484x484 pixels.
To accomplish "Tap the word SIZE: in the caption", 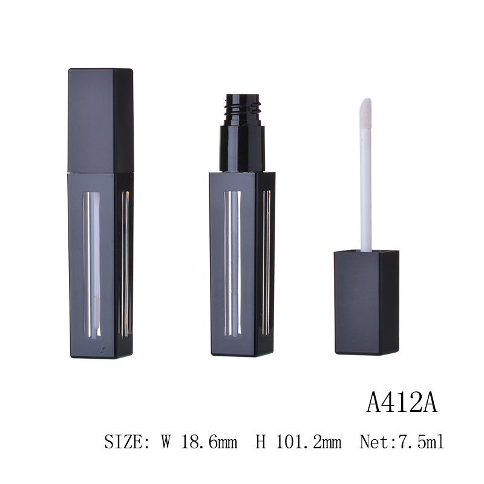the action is (127, 442).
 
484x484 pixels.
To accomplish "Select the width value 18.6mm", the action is (209, 442).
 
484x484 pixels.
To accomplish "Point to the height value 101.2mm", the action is (308, 442).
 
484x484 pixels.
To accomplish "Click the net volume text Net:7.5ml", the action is (402, 442).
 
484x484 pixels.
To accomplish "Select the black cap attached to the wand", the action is (367, 302).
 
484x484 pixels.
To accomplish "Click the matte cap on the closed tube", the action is (100, 120).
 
